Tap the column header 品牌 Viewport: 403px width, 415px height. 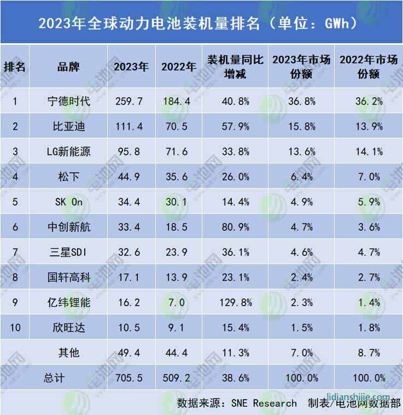coord(68,67)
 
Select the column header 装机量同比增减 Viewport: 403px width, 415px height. coord(229,67)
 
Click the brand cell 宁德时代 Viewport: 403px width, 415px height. coord(68,101)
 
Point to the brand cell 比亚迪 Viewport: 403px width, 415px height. coord(68,126)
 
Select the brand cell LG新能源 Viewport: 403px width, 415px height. coord(68,151)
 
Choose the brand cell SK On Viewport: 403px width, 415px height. coord(68,202)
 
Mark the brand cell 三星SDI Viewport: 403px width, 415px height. coord(68,252)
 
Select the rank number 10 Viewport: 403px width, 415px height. coord(15,328)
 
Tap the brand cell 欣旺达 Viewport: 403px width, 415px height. coord(68,328)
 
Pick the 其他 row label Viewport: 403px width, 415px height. coord(68,353)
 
